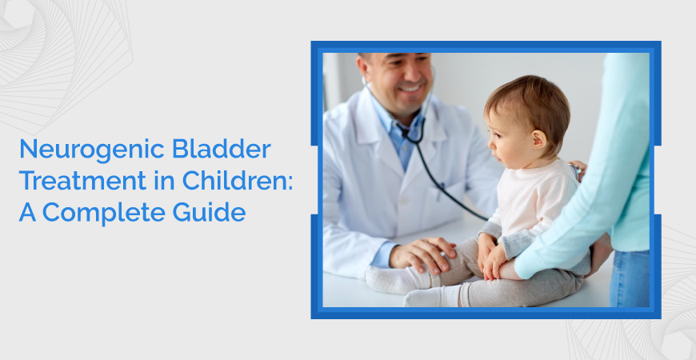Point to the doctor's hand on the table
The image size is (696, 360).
coord(416,254)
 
